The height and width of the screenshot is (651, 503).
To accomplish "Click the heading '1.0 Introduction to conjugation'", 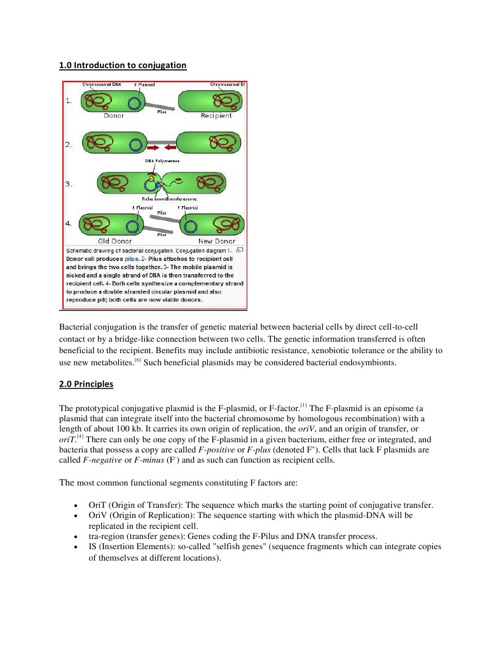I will tap(123, 65).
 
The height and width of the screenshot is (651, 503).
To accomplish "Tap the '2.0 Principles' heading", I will tap(86, 384).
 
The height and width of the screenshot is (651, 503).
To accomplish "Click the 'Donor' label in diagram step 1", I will tap(114, 116).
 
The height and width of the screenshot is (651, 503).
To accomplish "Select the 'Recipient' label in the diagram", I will tap(216, 116).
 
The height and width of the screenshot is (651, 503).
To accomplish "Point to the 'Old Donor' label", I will tap(114, 241).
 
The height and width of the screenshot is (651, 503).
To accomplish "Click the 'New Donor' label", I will tap(217, 241).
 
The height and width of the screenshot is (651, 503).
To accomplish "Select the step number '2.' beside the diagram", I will tap(69, 145).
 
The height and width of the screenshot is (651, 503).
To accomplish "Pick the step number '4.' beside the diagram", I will tap(69, 223).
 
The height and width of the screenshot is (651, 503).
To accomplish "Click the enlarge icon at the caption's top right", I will tap(240, 251).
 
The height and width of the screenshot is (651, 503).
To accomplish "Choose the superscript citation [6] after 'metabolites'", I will tap(137, 361).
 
